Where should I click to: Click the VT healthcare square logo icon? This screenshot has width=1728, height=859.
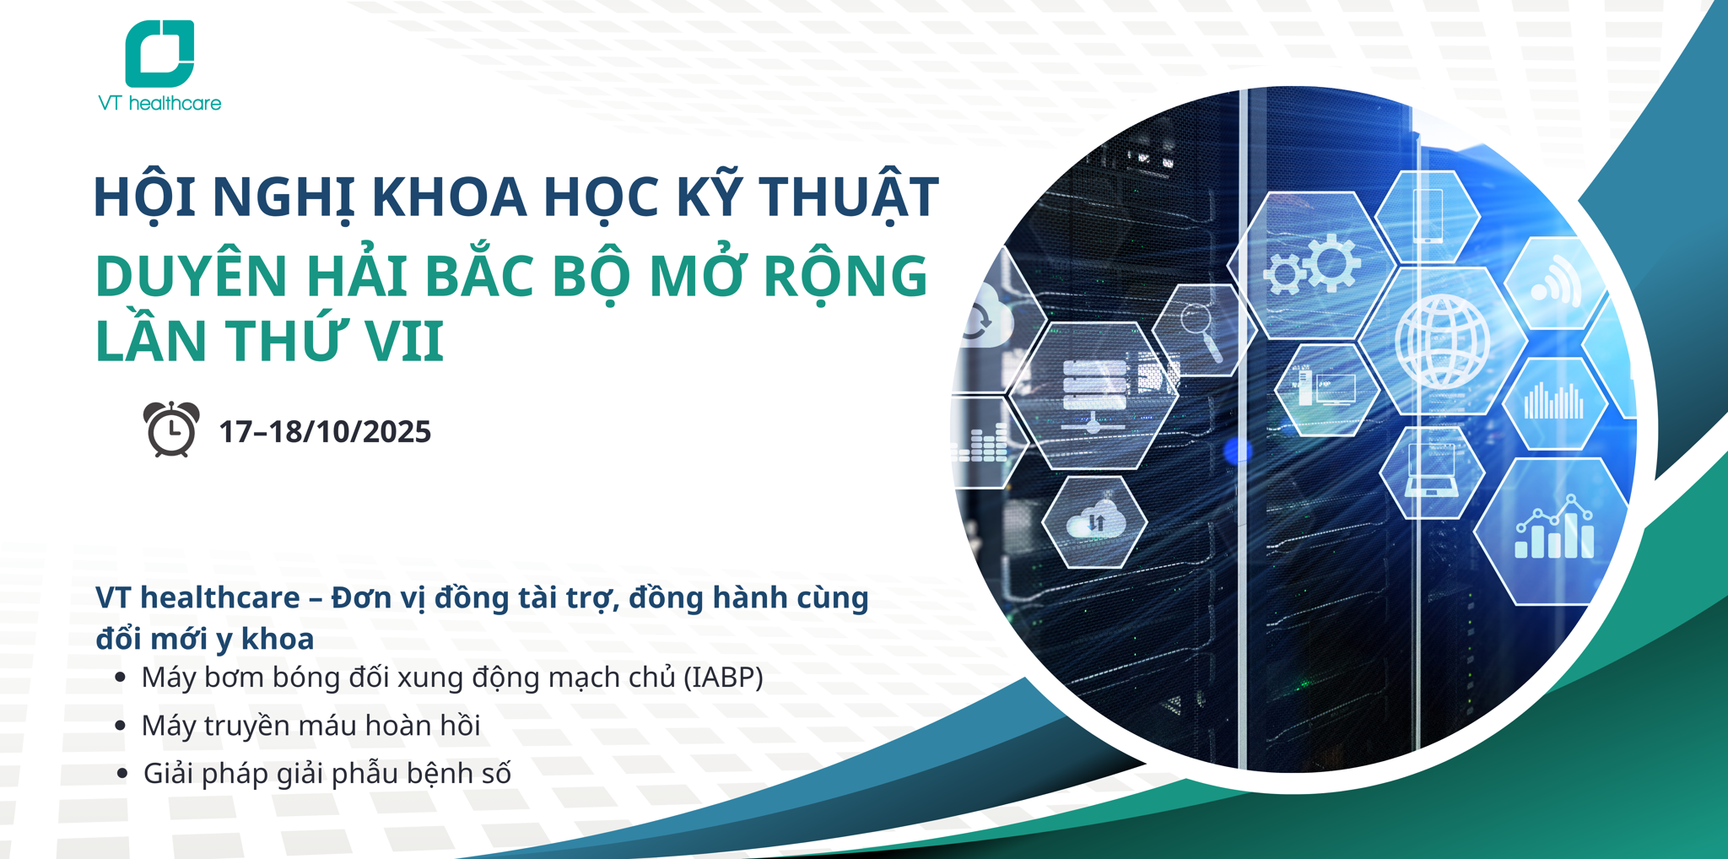(159, 53)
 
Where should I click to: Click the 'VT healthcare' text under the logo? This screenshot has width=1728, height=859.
(159, 104)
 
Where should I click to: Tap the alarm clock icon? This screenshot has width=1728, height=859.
(171, 429)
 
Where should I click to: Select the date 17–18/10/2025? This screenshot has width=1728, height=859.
(325, 432)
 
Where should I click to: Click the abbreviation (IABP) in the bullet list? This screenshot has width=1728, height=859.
(723, 678)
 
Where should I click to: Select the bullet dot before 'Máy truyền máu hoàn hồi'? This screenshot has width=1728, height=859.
(121, 726)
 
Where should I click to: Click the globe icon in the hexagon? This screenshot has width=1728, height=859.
(1442, 341)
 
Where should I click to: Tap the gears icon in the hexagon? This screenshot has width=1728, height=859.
(1313, 264)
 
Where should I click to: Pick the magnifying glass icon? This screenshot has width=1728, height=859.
(1200, 329)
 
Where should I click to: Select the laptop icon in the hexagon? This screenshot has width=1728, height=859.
(1432, 472)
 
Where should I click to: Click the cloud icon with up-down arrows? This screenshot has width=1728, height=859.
(1094, 521)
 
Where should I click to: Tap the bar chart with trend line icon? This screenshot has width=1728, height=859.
(1554, 530)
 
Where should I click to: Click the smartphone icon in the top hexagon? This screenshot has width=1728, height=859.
(1428, 216)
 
